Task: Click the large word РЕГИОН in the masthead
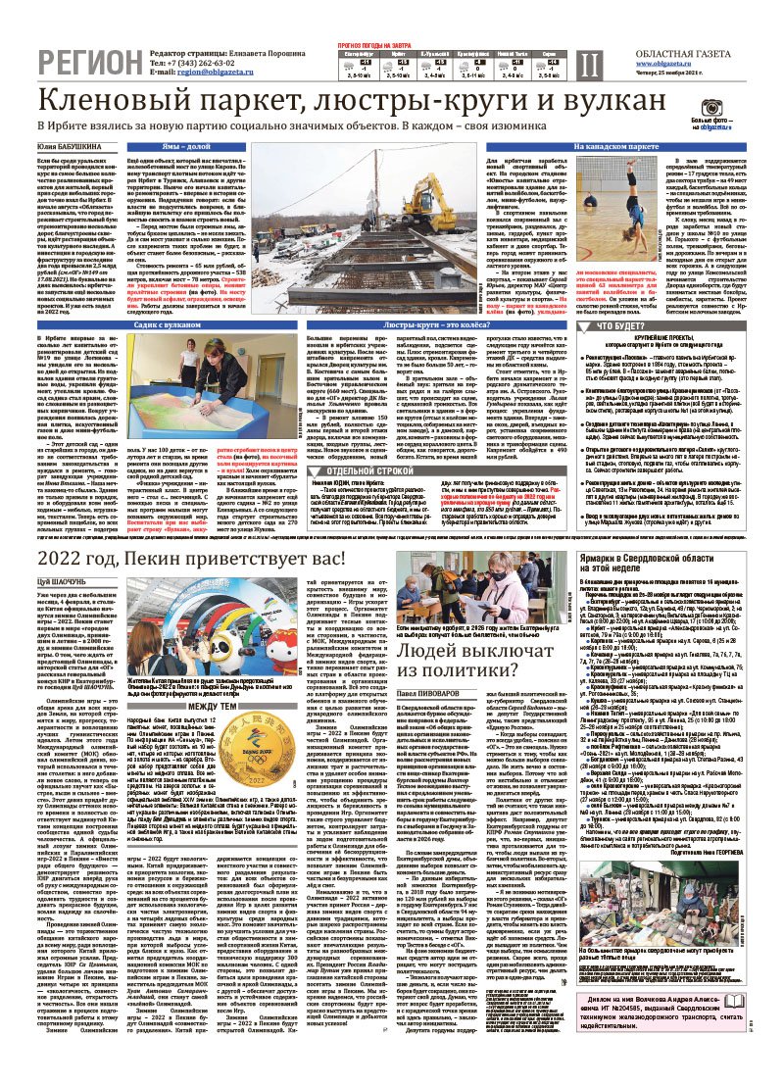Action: (x=83, y=63)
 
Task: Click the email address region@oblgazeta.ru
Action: (x=221, y=73)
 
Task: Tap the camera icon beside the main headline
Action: (x=713, y=107)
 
